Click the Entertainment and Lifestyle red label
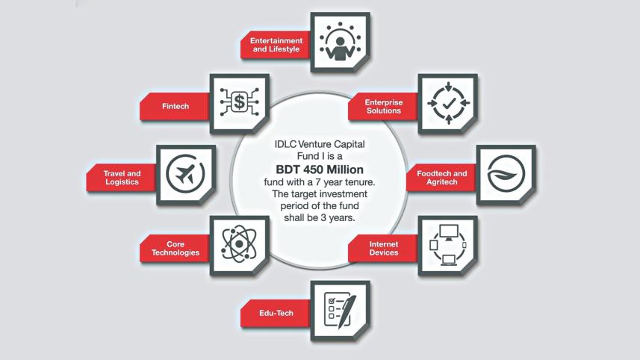276,45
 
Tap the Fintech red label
175,106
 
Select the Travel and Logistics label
122,178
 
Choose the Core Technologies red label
175,248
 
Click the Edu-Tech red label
276,313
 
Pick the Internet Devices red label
384,248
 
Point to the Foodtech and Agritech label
441,178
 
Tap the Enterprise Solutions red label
384,106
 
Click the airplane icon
185,174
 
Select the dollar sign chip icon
239,102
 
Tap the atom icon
239,243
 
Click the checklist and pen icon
340,310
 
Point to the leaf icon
506,174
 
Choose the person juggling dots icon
340,42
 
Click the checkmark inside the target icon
449,103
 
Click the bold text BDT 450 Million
320,170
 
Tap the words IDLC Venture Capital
320,144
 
